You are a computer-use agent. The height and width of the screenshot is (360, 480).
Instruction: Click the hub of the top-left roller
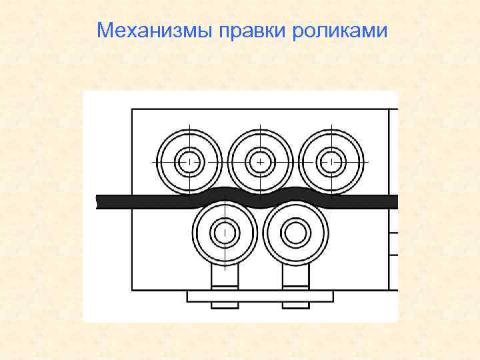tap(189, 162)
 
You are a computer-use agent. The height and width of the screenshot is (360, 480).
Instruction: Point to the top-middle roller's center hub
tap(260, 162)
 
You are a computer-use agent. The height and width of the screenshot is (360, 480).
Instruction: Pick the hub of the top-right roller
tap(331, 162)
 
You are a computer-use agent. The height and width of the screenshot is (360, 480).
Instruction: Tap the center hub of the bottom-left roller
tap(225, 233)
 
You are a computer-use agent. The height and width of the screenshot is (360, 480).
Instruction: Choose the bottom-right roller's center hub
tap(295, 233)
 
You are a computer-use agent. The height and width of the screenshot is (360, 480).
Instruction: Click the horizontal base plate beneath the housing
tap(260, 295)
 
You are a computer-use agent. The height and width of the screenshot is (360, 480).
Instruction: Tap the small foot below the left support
tap(225, 305)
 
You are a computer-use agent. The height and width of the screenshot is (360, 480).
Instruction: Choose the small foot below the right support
tap(295, 305)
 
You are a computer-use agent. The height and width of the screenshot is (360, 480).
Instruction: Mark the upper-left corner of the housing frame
tap(133, 109)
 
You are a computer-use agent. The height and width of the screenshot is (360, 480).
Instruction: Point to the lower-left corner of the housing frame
tap(133, 289)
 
